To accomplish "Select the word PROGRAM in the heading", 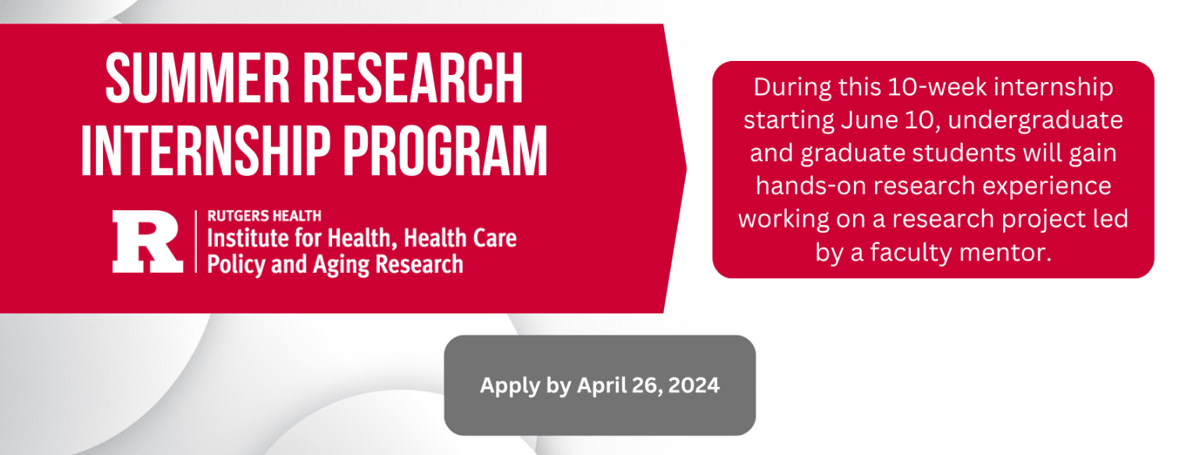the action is (x=445, y=151).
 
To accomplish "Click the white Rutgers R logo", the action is (x=148, y=241).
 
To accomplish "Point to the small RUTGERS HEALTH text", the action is (x=264, y=216).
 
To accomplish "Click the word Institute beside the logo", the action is (x=248, y=238).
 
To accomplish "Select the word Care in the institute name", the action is (x=494, y=238).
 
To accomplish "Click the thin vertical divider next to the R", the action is (x=195, y=241).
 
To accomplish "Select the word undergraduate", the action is (x=1035, y=121).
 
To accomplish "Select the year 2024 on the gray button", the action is (x=694, y=385).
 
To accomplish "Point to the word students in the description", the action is (x=964, y=153).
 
